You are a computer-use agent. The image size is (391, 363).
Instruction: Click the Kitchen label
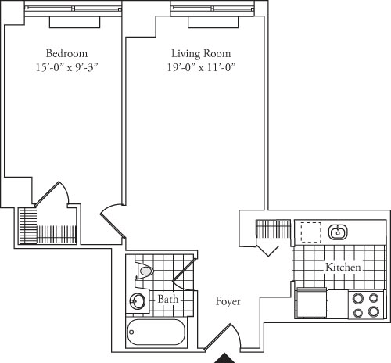pos(343,268)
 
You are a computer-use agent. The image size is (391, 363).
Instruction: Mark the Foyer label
pos(228,301)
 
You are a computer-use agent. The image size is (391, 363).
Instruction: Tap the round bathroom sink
pos(138,300)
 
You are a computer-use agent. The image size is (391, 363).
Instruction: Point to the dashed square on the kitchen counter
pos(311,232)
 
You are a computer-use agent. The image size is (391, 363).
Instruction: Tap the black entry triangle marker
pos(225,358)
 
